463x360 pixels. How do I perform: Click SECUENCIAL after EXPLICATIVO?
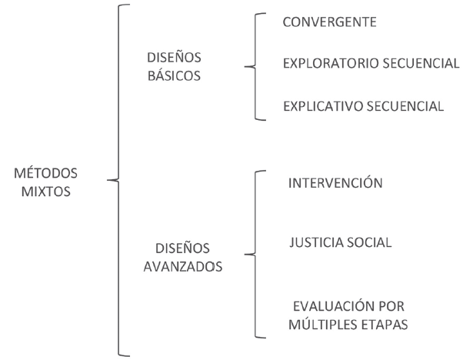(x=405, y=106)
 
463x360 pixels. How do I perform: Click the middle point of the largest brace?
(x=114, y=182)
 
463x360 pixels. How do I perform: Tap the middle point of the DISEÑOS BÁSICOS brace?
(x=245, y=67)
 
